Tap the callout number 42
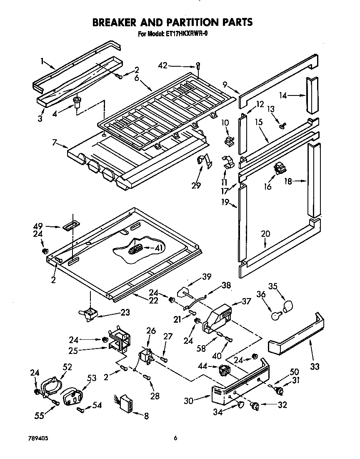[163, 65]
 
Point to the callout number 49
[38, 226]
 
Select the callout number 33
[315, 366]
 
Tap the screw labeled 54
[81, 410]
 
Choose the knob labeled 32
[255, 405]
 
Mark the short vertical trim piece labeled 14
[312, 95]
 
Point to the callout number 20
[265, 234]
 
